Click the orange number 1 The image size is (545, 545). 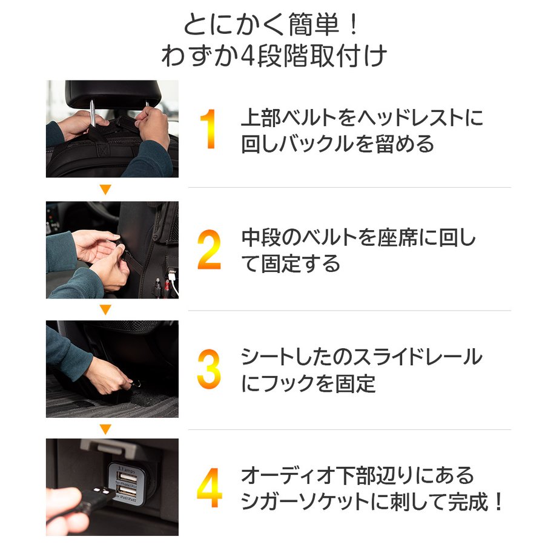tap(208, 130)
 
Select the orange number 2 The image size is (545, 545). tap(209, 250)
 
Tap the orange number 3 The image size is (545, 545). tap(209, 370)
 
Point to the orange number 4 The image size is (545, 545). tap(209, 489)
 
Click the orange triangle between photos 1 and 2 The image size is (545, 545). tap(105, 190)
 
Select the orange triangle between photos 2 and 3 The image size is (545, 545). tap(105, 309)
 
